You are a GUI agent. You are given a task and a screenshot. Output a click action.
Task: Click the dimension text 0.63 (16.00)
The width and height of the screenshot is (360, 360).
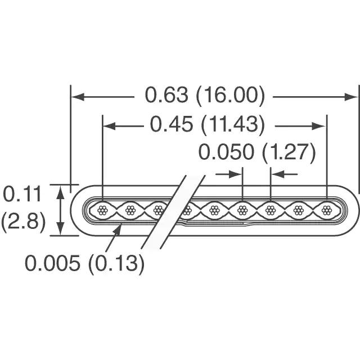click(205, 96)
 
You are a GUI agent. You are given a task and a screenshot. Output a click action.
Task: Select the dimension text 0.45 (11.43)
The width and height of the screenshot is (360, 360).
click(208, 125)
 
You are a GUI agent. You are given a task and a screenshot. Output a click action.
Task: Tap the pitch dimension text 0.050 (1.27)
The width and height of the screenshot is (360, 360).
click(257, 152)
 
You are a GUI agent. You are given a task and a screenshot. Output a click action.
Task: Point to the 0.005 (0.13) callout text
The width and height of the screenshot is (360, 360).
click(84, 263)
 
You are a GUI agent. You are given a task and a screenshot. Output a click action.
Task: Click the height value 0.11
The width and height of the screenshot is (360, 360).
click(22, 194)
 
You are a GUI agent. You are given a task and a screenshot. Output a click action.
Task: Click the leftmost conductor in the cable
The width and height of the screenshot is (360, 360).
click(102, 210)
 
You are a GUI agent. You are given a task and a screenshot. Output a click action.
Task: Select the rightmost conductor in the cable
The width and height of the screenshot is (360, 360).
click(326, 210)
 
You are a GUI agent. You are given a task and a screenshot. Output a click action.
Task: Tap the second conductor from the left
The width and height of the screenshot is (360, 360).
click(130, 210)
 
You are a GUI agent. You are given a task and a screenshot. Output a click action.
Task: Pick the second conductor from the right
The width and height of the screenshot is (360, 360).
click(299, 210)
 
